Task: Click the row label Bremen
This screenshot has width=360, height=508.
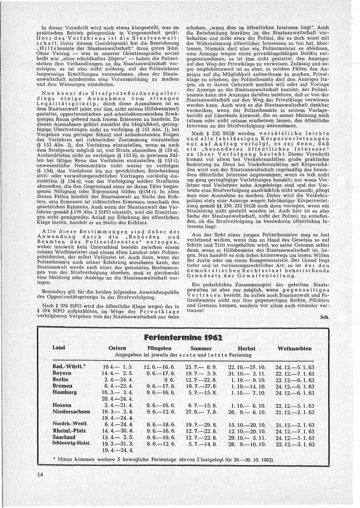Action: click(x=63, y=385)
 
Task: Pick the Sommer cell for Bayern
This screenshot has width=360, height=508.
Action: click(x=198, y=372)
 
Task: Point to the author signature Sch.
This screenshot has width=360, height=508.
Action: click(x=325, y=318)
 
